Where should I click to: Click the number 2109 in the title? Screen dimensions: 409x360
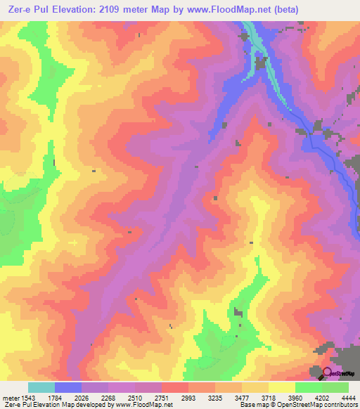tap(102, 10)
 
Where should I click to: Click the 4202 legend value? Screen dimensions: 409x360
tap(321, 398)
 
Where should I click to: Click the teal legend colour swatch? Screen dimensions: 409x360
tap(41, 387)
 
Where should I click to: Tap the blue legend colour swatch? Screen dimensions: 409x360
tap(68, 387)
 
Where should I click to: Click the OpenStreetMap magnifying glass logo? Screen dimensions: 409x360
tap(326, 372)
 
